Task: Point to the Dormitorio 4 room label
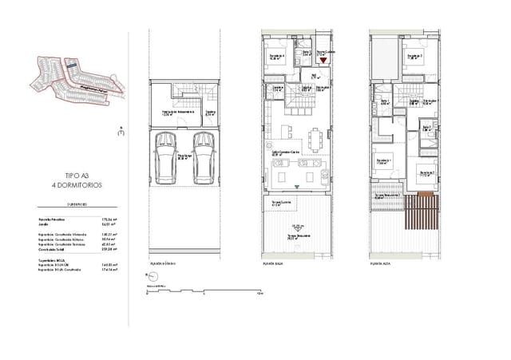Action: tap(274, 56)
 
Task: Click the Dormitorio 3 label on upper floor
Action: tap(411, 56)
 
